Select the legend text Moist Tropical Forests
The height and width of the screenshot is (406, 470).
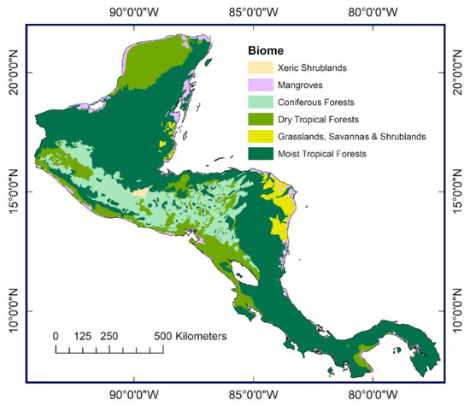[x=326, y=153]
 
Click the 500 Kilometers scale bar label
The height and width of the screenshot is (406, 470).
[x=191, y=336]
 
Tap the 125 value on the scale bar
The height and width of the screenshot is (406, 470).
[x=83, y=336]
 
